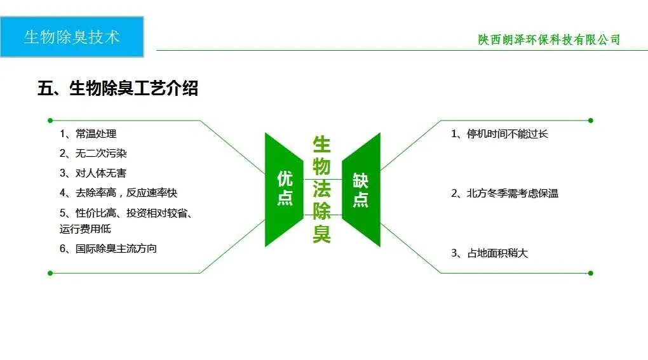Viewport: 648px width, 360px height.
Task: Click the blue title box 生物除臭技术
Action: point(72,37)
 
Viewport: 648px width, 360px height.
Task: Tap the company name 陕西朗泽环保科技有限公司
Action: point(549,39)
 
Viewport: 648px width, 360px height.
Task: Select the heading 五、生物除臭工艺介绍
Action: point(118,88)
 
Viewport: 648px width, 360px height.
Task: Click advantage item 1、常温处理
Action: point(88,134)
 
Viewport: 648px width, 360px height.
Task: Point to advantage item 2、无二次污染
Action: point(94,153)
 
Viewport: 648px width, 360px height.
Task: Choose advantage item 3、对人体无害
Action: point(94,173)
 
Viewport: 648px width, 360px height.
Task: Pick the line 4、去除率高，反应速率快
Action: point(118,192)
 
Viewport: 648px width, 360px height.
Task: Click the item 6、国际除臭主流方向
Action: point(108,248)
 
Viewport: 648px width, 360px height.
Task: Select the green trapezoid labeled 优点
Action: point(284,189)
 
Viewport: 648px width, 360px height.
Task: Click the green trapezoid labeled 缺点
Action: point(361,189)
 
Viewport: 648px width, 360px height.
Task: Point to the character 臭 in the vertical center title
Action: point(322,234)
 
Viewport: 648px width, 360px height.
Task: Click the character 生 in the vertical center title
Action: point(322,143)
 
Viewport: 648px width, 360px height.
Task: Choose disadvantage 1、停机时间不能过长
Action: point(499,133)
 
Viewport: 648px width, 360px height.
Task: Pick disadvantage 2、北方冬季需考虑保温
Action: point(504,193)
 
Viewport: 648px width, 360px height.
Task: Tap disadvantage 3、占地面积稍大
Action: point(489,253)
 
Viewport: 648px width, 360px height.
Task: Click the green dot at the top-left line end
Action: point(50,120)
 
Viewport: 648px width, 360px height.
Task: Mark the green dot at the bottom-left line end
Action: point(50,273)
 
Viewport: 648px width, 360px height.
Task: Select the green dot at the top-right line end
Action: point(590,120)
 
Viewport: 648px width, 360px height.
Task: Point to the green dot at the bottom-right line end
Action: point(590,273)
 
